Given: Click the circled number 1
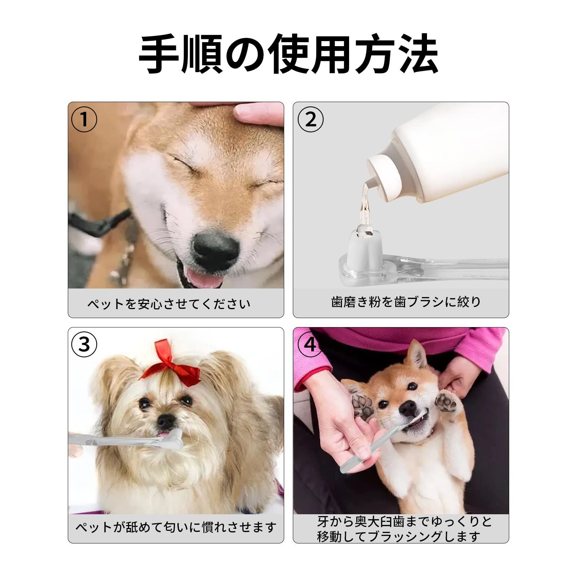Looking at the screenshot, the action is (84, 119).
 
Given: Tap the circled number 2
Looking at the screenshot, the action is (311, 119).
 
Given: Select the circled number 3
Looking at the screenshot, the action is (84, 345).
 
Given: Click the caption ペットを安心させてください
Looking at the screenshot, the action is (169, 304).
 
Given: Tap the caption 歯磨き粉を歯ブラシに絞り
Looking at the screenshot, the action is (406, 301).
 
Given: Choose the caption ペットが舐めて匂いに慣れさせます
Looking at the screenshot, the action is (176, 527).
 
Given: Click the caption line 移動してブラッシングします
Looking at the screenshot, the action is (398, 537).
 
